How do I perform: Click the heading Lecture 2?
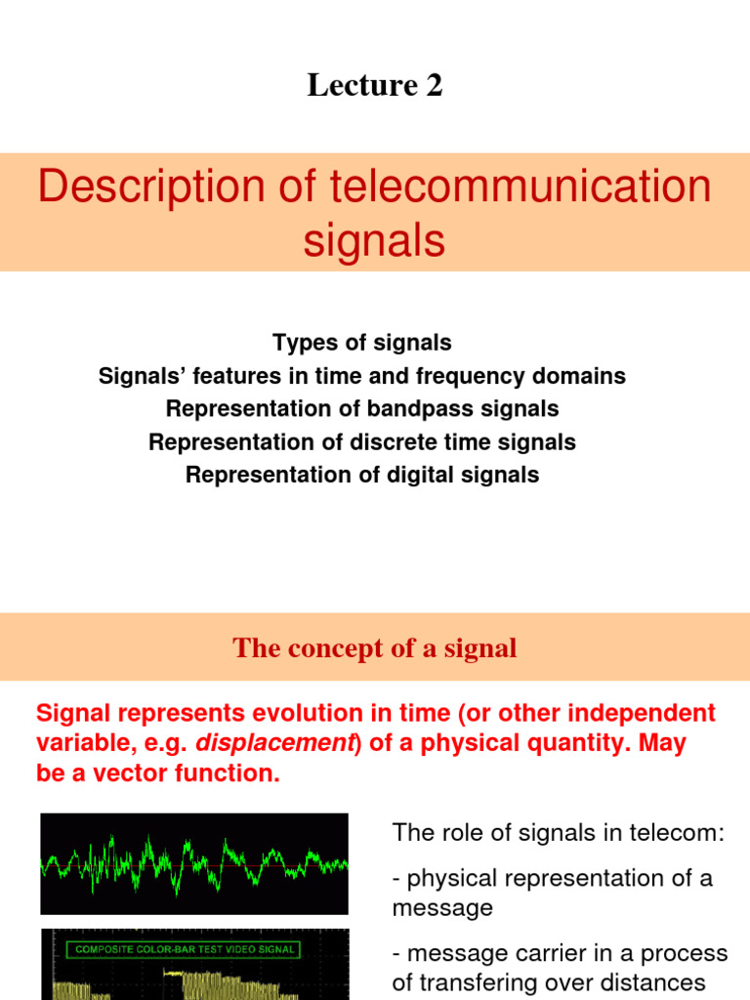click(x=375, y=86)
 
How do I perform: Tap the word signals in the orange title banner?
click(x=374, y=240)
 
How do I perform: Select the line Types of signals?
click(x=362, y=343)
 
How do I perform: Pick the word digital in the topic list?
click(x=430, y=475)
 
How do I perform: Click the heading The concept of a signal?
click(x=375, y=648)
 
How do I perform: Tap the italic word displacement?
click(x=274, y=743)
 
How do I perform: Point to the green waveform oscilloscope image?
click(x=193, y=862)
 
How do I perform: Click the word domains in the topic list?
click(x=585, y=376)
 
